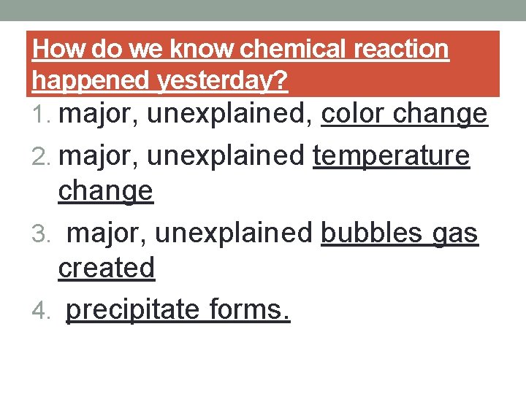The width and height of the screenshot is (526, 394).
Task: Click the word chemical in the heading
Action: [x=290, y=49]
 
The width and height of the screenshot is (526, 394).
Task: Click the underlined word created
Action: [x=107, y=268]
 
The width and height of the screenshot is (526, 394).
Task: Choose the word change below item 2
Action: [x=105, y=191]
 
